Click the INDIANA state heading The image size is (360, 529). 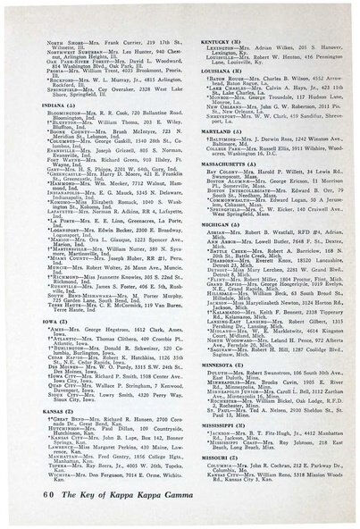[x=66, y=82]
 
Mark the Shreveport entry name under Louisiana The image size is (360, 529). [x=211, y=120]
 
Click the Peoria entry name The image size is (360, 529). [x=65, y=59]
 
